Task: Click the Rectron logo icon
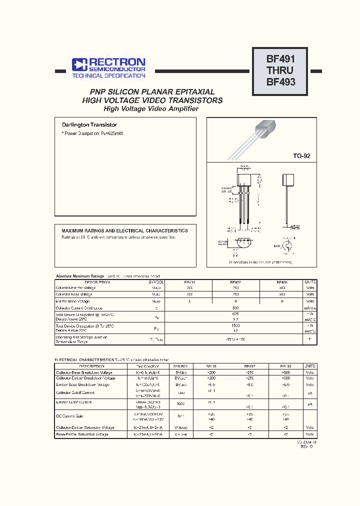tap(79, 64)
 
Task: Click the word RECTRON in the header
tap(117, 62)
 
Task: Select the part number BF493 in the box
tap(280, 82)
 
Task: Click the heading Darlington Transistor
tap(89, 125)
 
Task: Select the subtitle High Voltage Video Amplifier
tap(151, 108)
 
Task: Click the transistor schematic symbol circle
tap(288, 246)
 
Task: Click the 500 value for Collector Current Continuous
tap(235, 308)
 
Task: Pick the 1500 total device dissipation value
tap(235, 325)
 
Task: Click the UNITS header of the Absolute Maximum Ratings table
tap(310, 282)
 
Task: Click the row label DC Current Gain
tap(71, 415)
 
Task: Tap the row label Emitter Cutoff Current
tap(73, 402)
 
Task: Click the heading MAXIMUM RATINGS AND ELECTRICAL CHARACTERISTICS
tap(124, 231)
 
